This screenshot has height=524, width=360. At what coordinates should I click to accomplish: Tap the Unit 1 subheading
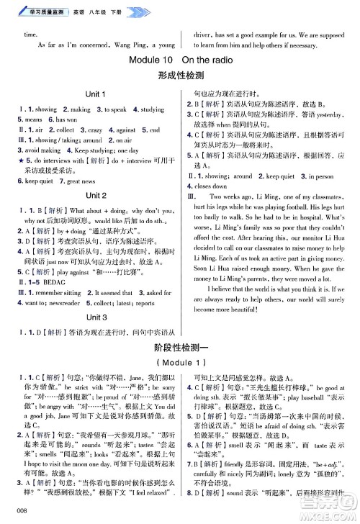[96, 94]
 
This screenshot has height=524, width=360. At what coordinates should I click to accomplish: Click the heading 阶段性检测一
[180, 348]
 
